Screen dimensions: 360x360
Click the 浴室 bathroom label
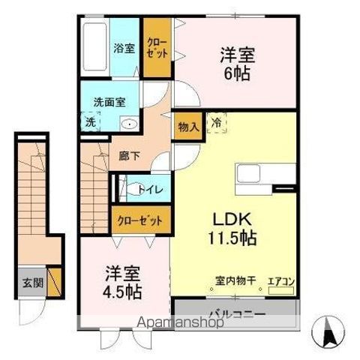coord(124,48)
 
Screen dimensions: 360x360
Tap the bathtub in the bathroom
coord(94,46)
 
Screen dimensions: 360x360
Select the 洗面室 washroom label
coord(109,102)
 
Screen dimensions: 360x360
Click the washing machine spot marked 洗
coord(91,121)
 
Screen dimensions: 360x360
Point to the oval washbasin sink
coord(129,124)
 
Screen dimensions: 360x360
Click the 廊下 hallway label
coord(129,156)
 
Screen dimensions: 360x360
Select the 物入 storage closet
coord(188,126)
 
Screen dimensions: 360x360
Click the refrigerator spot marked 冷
coord(217,123)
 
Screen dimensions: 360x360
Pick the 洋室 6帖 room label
coord(238,64)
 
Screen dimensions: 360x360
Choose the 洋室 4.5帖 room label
coord(122,283)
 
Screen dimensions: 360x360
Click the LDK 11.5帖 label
coord(232,228)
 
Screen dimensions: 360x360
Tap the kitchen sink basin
coord(248,174)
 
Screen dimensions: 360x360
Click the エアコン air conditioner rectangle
coord(280,290)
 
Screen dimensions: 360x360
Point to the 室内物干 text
coord(235,280)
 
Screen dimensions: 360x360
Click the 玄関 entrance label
coord(33,283)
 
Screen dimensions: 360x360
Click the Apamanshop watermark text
coord(181,322)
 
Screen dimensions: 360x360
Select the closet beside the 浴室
coord(157,47)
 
